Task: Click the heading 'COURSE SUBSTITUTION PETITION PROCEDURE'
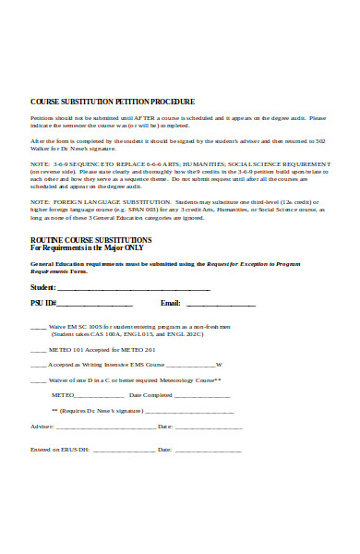tap(113, 102)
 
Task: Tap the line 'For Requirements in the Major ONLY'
tap(88, 249)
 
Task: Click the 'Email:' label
tap(170, 303)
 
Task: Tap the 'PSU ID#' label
tap(43, 303)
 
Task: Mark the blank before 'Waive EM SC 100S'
tap(39, 329)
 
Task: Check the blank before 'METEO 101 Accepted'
tap(39, 351)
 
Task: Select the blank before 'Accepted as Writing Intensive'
tap(39, 365)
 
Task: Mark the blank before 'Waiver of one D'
tap(39, 379)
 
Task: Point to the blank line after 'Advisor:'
tap(105, 428)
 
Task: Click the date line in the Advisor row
tap(209, 428)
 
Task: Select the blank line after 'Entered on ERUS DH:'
tap(124, 451)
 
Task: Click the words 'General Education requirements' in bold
tap(70, 264)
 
